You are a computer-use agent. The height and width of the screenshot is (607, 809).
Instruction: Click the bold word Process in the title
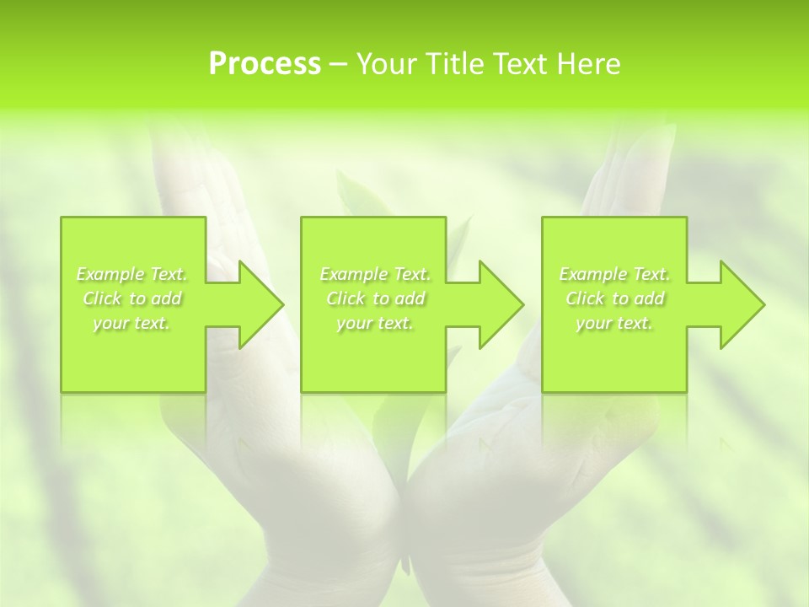[x=265, y=64]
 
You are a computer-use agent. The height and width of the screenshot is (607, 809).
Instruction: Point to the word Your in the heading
[x=387, y=64]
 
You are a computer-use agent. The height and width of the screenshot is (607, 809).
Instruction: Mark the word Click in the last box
[x=584, y=298]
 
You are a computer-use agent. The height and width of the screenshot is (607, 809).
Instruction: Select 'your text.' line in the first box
[x=131, y=323]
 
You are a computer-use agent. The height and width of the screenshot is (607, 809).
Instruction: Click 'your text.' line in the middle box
[x=375, y=323]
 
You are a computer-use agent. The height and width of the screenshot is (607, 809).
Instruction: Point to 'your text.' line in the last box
[x=614, y=323]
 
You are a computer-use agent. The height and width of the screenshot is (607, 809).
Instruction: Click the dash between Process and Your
[x=338, y=64]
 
